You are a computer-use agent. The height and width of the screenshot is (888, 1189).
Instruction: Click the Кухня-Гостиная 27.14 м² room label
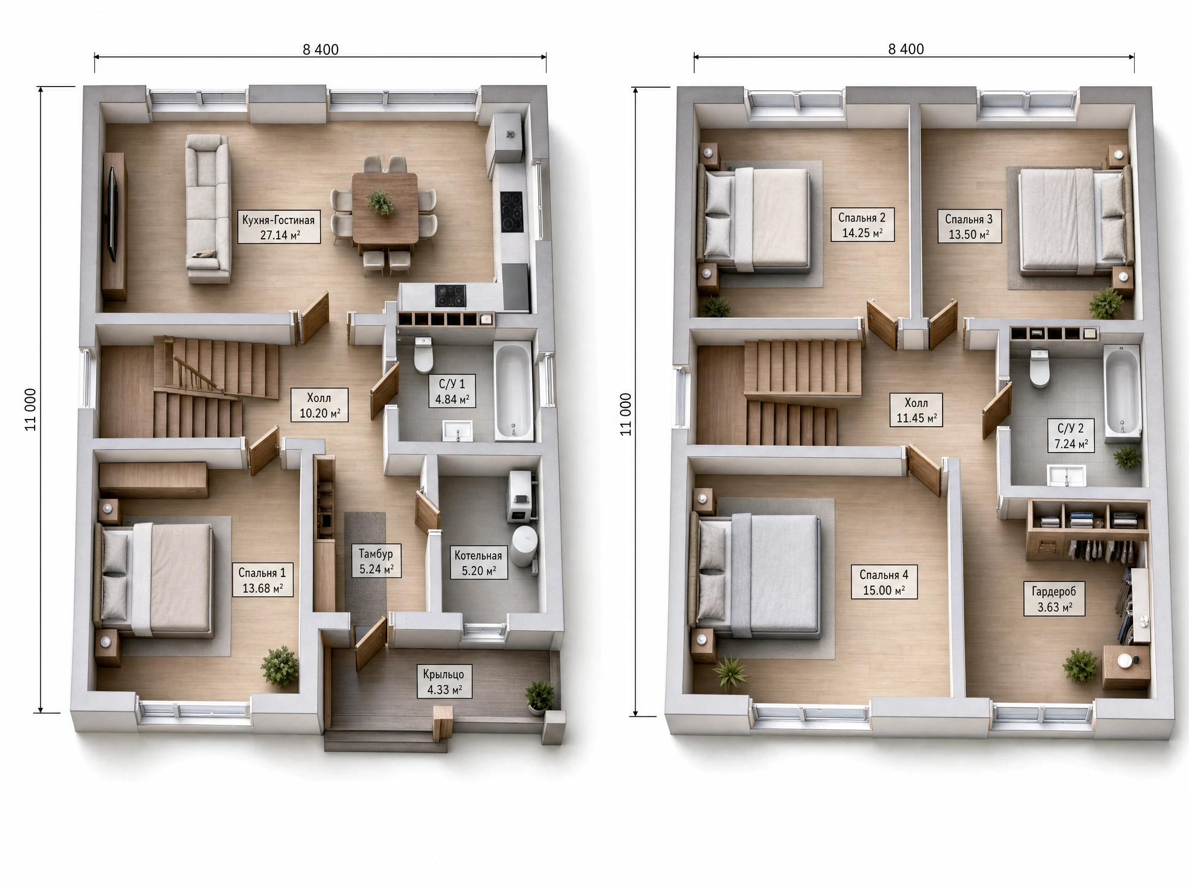[279, 227]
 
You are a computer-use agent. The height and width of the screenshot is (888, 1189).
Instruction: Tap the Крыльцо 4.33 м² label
[444, 682]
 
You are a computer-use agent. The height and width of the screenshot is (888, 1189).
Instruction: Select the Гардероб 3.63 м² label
[1054, 599]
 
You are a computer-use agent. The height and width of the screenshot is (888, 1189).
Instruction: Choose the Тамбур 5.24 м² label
[376, 561]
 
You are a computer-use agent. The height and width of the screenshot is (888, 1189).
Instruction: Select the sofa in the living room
[209, 208]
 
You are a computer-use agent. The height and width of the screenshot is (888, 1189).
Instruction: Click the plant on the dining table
[381, 202]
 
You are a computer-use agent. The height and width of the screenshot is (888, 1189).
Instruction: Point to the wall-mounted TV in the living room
[113, 213]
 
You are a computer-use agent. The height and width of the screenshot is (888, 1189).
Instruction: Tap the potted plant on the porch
[540, 697]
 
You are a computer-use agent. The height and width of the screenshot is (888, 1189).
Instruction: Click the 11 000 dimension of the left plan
[31, 409]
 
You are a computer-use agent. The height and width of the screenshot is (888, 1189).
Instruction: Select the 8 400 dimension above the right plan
[906, 49]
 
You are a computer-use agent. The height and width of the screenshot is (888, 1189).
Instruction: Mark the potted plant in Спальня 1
[280, 667]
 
